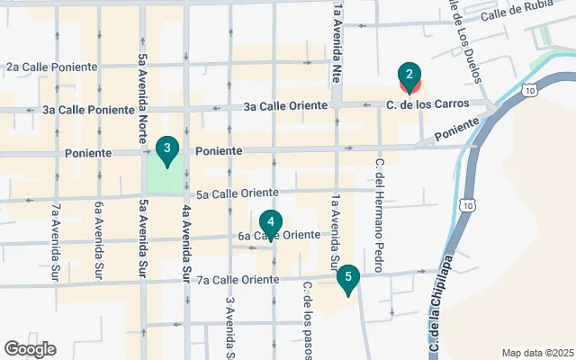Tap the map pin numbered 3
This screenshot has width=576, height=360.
[x=166, y=150]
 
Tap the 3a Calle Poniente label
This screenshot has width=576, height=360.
[x=87, y=110]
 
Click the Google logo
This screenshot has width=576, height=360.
[x=30, y=349]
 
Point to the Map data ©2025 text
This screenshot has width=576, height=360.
[x=536, y=353]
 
